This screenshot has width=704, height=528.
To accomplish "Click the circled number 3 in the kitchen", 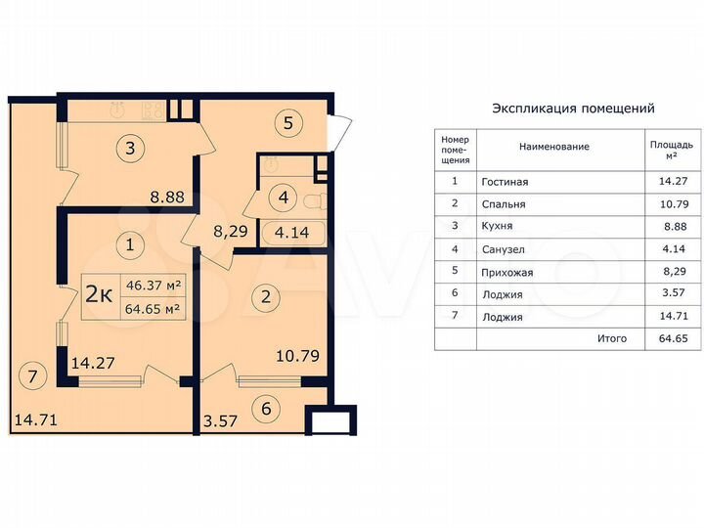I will [x=130, y=150].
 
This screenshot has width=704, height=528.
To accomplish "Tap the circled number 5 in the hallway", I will [x=288, y=124].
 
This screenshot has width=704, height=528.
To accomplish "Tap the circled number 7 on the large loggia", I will [x=32, y=374].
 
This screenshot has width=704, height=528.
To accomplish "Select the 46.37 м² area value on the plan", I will [x=152, y=286].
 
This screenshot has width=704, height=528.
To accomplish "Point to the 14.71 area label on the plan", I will [x=34, y=421].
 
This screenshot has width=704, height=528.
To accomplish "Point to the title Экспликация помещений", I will [x=573, y=109].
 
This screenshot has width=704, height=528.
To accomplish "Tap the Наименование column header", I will [x=553, y=147].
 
